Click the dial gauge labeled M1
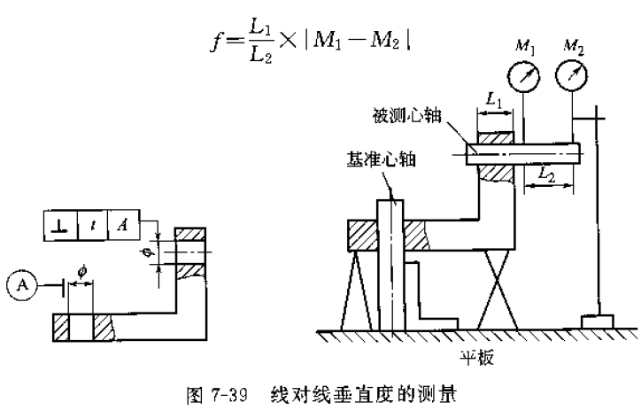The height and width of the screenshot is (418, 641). [x=526, y=78]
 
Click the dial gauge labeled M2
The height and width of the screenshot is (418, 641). [x=572, y=78]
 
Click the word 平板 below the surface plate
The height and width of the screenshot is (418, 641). [x=475, y=359]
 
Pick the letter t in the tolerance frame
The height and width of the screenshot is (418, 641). [x=91, y=226]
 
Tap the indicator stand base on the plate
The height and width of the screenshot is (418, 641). [x=599, y=320]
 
